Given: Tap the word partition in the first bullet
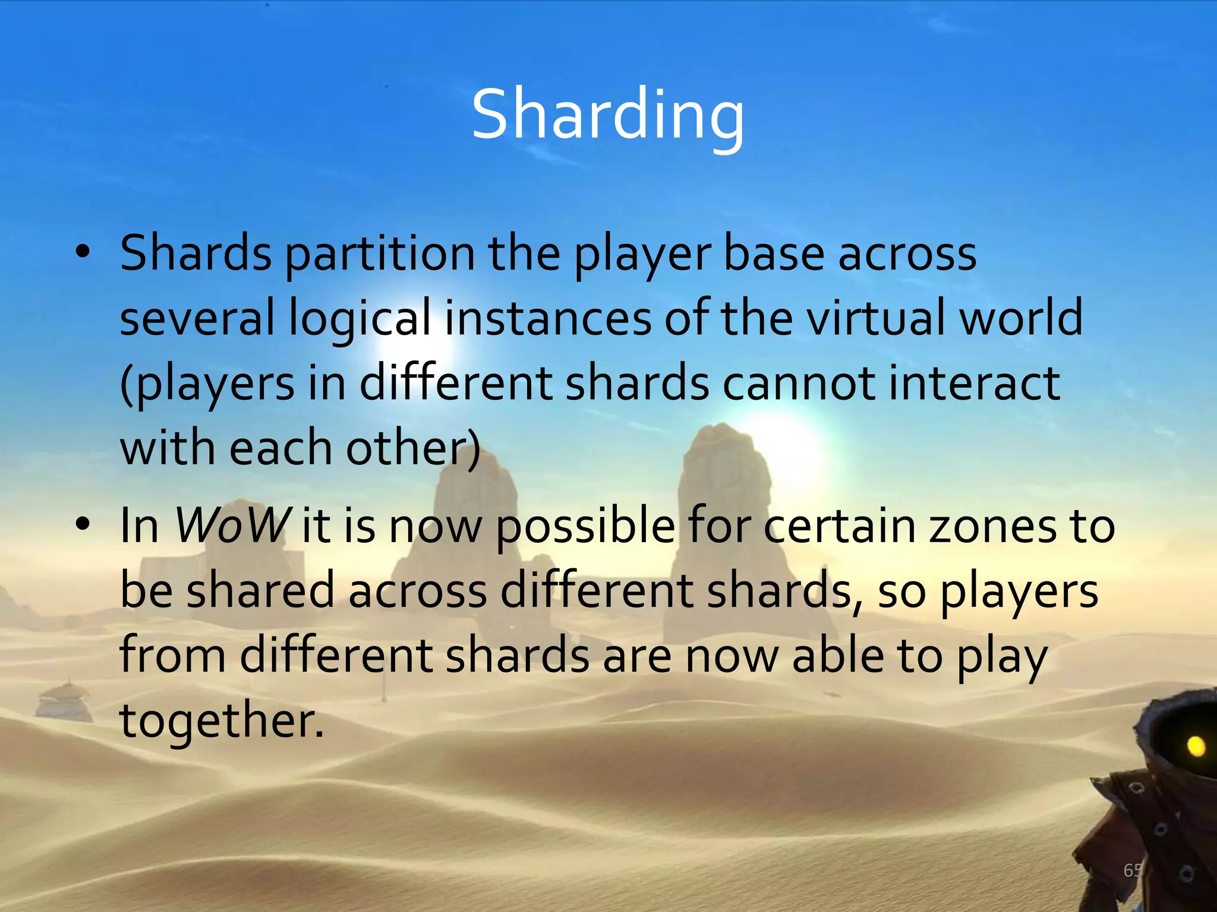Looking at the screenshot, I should pos(380,254).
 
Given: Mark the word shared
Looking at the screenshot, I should pos(260,591).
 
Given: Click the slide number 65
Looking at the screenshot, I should pos(1133,870).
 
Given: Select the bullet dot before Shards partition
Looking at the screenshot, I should pos(83,252).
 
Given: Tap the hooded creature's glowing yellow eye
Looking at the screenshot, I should pos(1196,746).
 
